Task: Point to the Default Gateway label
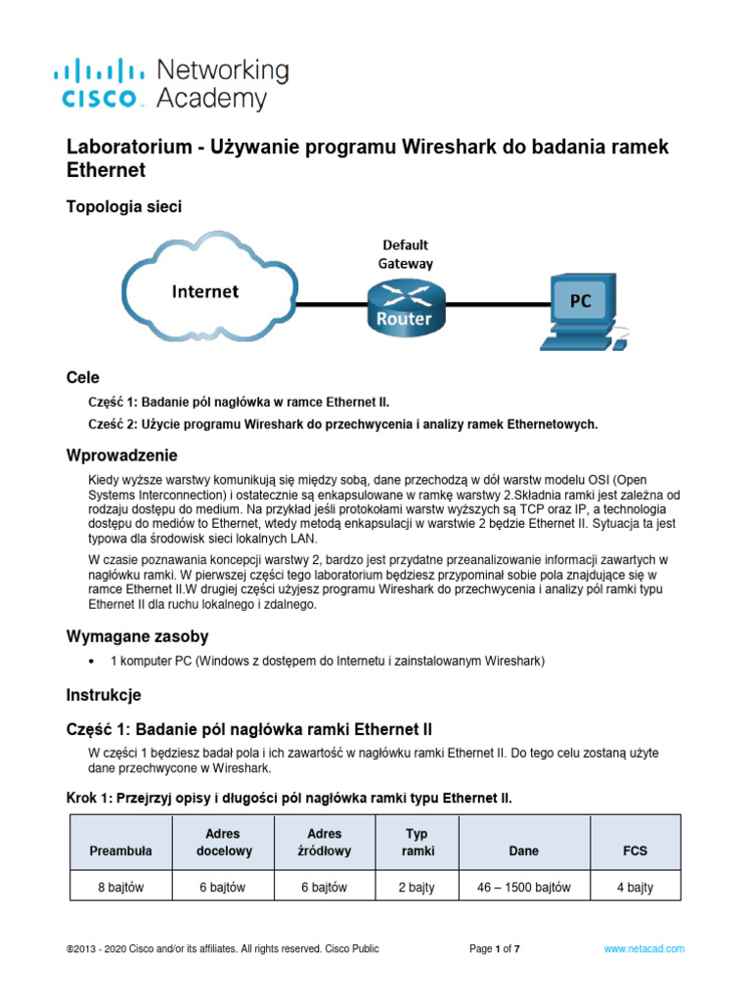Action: pyautogui.click(x=405, y=253)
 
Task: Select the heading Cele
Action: pyautogui.click(x=82, y=377)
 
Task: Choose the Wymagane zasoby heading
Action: pyautogui.click(x=137, y=636)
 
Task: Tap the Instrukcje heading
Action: pyautogui.click(x=104, y=695)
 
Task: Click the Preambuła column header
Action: pyautogui.click(x=120, y=850)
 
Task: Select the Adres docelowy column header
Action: pyautogui.click(x=224, y=843)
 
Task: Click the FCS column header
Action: pyautogui.click(x=636, y=850)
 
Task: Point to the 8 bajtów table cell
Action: pyautogui.click(x=120, y=888)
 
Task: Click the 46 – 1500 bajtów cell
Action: pyautogui.click(x=524, y=888)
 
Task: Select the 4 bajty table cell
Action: pyautogui.click(x=636, y=888)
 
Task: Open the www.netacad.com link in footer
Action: pyautogui.click(x=643, y=948)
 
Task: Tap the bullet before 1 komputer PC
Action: pyautogui.click(x=91, y=662)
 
